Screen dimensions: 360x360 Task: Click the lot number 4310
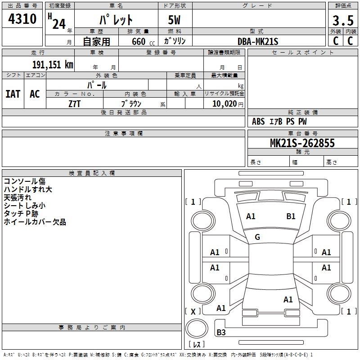pos(22,19)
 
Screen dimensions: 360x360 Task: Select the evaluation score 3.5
pos(342,21)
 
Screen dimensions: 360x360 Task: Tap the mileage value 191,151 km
pos(52,64)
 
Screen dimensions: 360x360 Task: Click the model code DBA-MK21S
pos(258,41)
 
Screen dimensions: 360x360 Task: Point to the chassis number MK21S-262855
pos(302,143)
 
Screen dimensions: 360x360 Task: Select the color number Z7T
pos(74,103)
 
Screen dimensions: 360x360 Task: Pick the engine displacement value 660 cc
pos(139,41)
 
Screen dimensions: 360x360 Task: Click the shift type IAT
pos(13,94)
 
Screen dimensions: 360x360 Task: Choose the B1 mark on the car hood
pos(291,216)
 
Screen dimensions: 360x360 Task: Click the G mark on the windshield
pos(257,237)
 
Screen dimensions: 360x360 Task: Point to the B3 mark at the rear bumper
pos(221,333)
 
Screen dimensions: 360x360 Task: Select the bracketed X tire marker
pos(193,311)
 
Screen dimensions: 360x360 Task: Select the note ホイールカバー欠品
pos(35,222)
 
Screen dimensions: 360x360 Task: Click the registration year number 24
pos(59,23)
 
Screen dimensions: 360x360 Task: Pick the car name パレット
pos(116,20)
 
